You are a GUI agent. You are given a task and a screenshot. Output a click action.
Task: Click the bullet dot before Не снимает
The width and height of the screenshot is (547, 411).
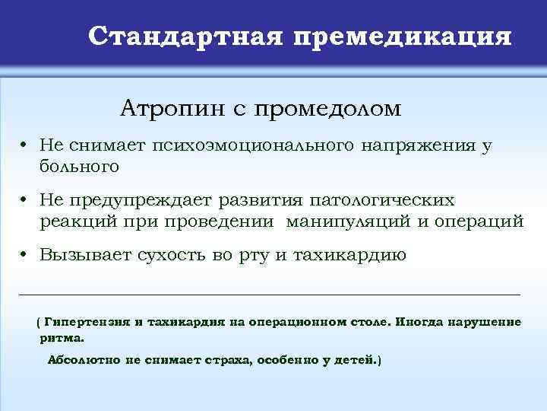(25, 145)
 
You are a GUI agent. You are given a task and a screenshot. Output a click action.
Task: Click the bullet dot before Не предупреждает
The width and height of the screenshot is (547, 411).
(25, 201)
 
